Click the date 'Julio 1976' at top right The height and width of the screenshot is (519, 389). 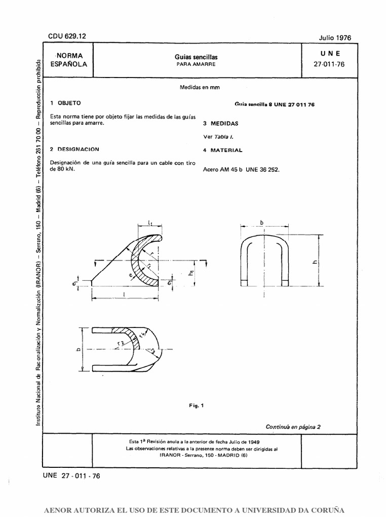pyautogui.click(x=335, y=38)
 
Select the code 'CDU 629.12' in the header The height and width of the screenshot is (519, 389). pyautogui.click(x=67, y=36)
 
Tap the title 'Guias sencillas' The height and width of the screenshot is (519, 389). pyautogui.click(x=196, y=57)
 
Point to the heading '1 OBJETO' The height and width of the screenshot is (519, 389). pyautogui.click(x=65, y=102)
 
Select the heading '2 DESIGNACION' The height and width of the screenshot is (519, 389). pyautogui.click(x=74, y=150)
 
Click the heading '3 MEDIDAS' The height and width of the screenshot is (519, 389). pyautogui.click(x=221, y=123)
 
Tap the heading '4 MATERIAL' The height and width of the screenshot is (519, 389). pyautogui.click(x=222, y=151)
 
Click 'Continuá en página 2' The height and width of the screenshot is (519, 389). pyautogui.click(x=293, y=427)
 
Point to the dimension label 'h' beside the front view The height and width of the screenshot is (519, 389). pyautogui.click(x=315, y=262)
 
